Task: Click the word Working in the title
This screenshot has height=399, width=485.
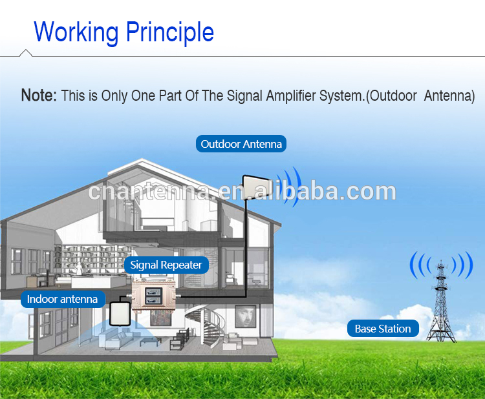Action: click(76, 32)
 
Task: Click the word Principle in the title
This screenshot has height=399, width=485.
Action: click(170, 32)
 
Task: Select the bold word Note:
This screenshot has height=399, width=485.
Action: click(39, 95)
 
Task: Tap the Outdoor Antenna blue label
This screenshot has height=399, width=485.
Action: click(241, 143)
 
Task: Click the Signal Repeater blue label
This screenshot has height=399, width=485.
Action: click(166, 265)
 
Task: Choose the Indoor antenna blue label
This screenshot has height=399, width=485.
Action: click(63, 299)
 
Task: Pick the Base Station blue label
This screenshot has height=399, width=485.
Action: click(383, 328)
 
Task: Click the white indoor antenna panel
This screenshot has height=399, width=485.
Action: click(120, 314)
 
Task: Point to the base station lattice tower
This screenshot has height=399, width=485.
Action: click(442, 303)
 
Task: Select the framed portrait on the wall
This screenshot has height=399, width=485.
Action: click(246, 316)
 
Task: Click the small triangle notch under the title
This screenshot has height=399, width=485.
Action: click(26, 52)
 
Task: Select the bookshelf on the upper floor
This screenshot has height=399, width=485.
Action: click(92, 258)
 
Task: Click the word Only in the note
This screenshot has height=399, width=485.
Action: click(114, 96)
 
